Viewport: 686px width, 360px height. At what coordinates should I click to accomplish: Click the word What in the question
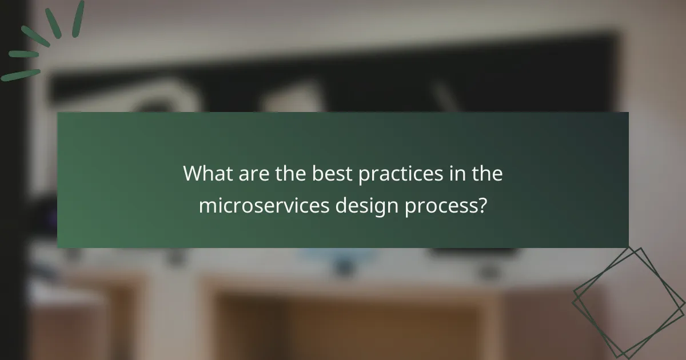[x=207, y=174]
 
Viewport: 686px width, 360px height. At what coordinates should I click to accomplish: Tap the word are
[x=248, y=174]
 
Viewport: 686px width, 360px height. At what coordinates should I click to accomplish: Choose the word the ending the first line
[x=487, y=174]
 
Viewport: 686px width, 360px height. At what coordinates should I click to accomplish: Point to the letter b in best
[x=316, y=174]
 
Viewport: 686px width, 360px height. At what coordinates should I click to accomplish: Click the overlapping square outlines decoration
[x=629, y=302]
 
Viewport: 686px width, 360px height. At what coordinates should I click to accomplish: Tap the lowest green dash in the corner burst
[x=20, y=75]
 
